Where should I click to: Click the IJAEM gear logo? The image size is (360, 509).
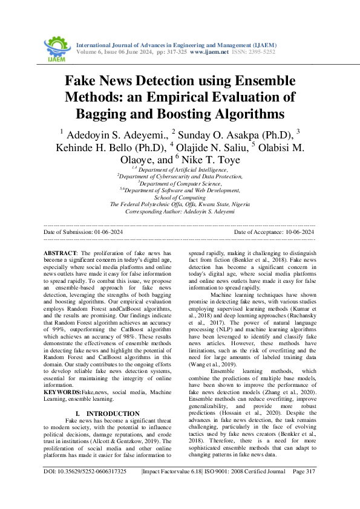coord(57,47)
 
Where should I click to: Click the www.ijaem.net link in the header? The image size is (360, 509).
coord(209,53)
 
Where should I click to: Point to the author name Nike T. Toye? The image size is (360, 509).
coord(207,160)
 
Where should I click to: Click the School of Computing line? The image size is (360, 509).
coord(180,197)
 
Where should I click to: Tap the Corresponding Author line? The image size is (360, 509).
coord(180,212)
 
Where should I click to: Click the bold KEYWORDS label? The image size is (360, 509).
coord(63,375)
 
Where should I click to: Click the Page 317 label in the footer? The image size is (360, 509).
coord(304,488)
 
